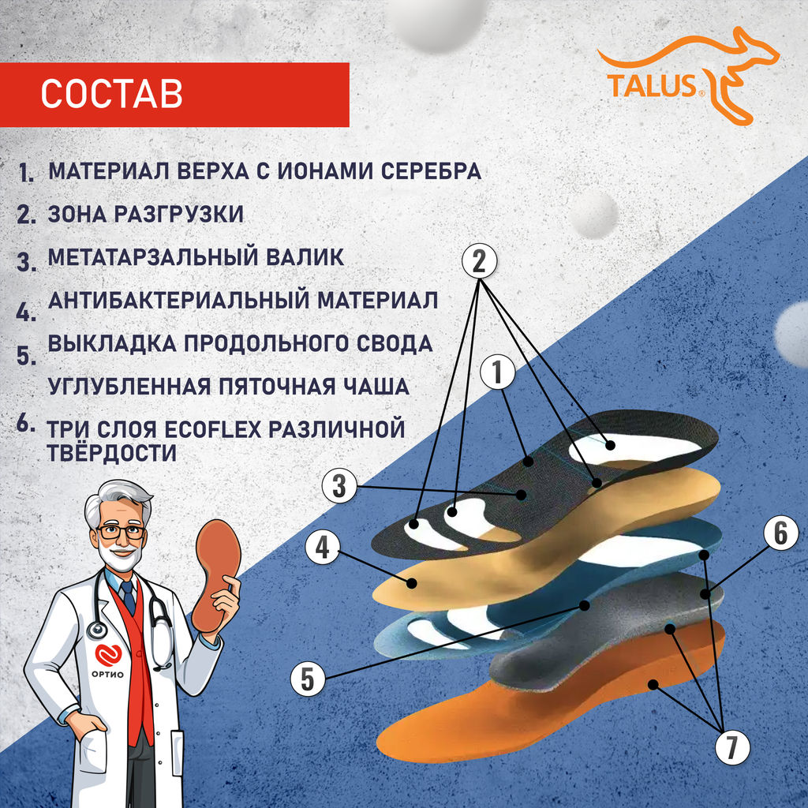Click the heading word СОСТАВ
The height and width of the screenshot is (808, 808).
[x=111, y=93]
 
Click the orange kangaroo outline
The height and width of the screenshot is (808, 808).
[x=734, y=71]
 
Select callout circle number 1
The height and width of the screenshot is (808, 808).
[x=497, y=373]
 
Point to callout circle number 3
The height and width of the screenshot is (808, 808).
[x=339, y=486]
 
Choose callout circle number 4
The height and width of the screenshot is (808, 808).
[x=321, y=548]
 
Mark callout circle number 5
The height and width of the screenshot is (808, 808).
[x=306, y=679]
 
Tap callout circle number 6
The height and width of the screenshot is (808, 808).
[x=779, y=534]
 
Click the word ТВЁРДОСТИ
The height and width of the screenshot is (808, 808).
[x=112, y=453]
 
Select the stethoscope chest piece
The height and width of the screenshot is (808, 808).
[x=97, y=630]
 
